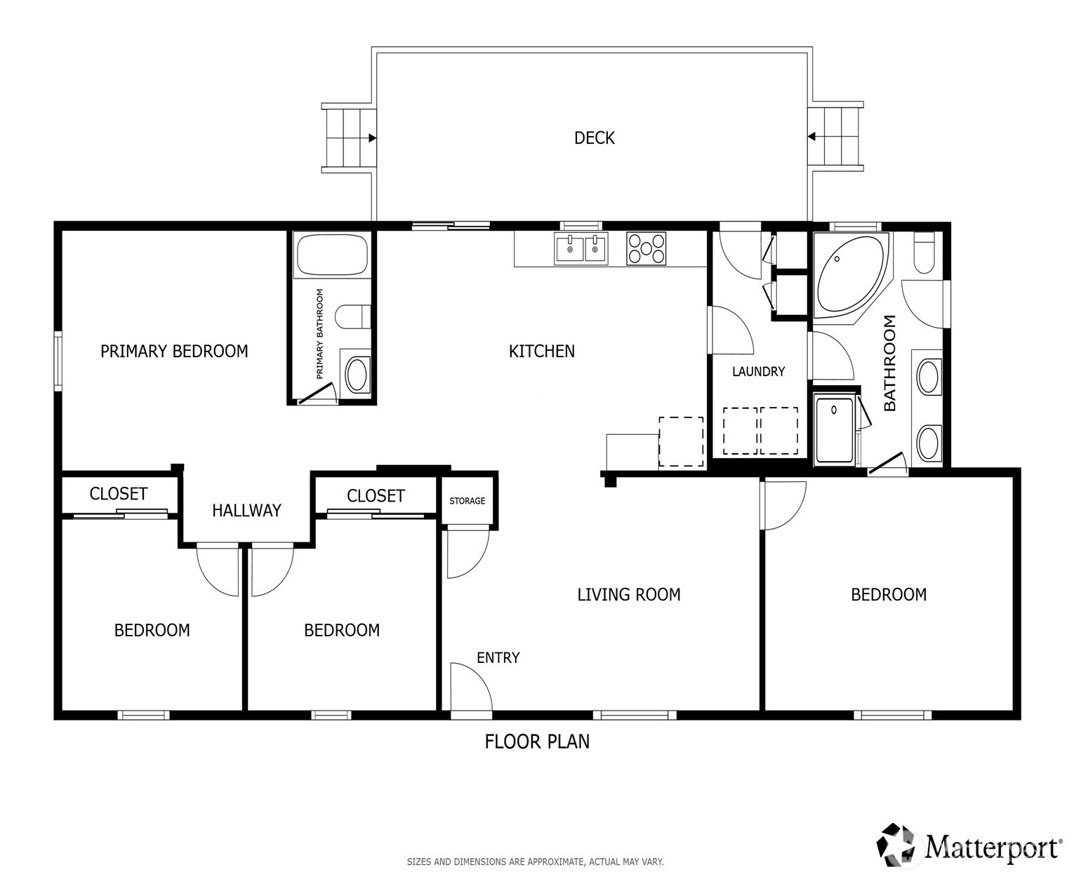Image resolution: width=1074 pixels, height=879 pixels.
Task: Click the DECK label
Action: tap(594, 137)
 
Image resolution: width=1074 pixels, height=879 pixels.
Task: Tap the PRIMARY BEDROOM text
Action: tap(174, 351)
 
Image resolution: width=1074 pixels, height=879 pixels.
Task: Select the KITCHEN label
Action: tap(542, 351)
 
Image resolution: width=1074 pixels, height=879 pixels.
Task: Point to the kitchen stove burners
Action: tap(647, 249)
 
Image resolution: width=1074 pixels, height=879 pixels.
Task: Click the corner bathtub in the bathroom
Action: tap(850, 276)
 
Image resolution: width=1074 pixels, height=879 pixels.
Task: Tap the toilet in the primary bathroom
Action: tap(353, 316)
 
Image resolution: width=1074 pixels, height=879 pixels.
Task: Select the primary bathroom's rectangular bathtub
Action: tap(332, 255)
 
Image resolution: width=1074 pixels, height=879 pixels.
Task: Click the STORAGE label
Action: tap(467, 501)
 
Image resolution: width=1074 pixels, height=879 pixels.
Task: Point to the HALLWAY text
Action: tap(246, 511)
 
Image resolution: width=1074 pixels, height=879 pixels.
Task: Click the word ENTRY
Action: tap(498, 657)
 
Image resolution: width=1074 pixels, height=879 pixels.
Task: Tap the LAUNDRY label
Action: tap(758, 372)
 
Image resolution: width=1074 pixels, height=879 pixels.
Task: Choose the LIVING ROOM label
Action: tap(628, 594)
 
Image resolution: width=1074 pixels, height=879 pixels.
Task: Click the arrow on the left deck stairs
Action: tap(372, 138)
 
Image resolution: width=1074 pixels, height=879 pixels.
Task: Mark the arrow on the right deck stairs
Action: tap(811, 136)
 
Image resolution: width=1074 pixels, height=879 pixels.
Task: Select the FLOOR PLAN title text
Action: tap(537, 742)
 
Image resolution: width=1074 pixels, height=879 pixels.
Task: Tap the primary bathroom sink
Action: tap(357, 374)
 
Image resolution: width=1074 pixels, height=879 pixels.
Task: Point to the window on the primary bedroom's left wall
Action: tap(58, 361)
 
